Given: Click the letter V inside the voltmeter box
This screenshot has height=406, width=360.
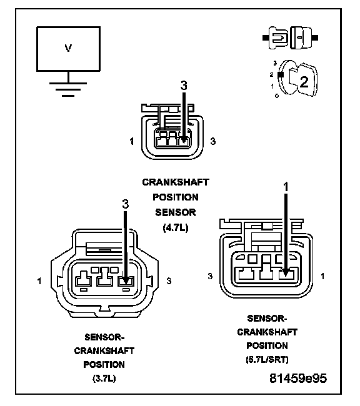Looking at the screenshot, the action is click(68, 48).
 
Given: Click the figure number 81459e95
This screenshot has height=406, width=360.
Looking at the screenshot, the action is click(298, 379).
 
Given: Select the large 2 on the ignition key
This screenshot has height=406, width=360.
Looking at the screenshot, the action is click(304, 82).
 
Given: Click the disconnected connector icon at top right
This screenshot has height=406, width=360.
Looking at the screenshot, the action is click(290, 37).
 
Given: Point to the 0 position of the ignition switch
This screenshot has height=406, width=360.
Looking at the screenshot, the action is click(277, 96).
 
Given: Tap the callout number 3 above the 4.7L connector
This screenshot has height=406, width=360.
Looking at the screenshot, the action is click(184, 85).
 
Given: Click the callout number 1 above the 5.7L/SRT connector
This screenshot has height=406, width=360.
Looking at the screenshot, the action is click(286, 187).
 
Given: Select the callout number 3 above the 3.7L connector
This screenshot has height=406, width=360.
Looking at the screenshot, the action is click(126, 204).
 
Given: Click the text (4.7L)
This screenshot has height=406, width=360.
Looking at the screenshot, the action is click(176, 227).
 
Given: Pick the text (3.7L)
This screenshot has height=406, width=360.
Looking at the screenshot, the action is click(104, 379).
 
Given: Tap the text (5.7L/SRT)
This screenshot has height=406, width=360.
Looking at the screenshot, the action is click(267, 359).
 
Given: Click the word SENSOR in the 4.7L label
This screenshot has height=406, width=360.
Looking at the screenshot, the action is click(176, 212).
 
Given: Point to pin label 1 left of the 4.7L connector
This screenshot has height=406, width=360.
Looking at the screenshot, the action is click(132, 141).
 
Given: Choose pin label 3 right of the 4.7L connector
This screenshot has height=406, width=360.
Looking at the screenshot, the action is click(212, 141).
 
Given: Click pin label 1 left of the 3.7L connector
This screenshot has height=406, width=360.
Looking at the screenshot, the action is click(39, 280).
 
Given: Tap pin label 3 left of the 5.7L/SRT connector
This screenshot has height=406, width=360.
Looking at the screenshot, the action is click(210, 276).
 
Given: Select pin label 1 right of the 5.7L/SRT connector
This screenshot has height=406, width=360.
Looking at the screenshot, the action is click(322, 276).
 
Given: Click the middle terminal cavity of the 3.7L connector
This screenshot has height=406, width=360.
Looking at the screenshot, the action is click(104, 278).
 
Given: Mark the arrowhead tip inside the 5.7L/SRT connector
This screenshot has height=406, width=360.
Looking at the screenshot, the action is click(286, 275).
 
